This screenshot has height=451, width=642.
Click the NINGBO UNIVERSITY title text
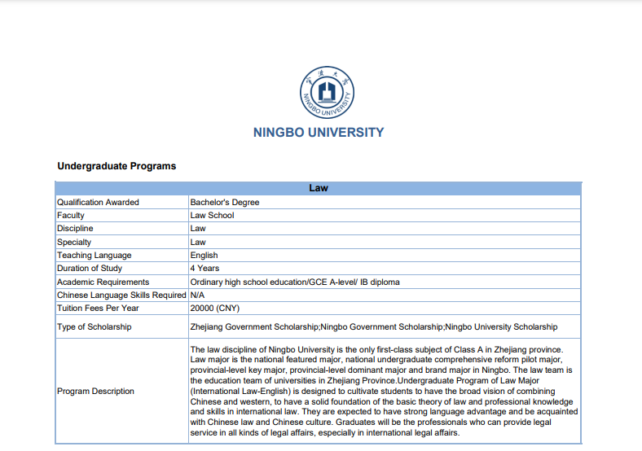(x=318, y=132)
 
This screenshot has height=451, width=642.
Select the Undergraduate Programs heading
(x=117, y=166)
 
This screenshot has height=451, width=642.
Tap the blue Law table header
(x=318, y=188)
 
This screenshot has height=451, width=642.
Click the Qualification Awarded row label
(x=98, y=202)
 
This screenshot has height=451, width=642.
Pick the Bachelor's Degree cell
(x=224, y=202)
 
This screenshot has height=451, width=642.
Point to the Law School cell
(x=212, y=216)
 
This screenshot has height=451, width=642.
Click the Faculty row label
(x=71, y=216)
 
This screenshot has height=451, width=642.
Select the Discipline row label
(x=75, y=229)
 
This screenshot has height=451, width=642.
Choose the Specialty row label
(x=74, y=242)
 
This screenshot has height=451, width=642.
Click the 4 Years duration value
(x=204, y=268)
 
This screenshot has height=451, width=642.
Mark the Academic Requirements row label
(x=103, y=282)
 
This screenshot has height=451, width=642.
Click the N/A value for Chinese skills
(x=198, y=295)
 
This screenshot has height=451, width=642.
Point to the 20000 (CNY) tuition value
(x=215, y=308)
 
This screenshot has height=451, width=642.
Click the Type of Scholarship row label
(x=94, y=326)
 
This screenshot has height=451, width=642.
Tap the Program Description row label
(x=95, y=391)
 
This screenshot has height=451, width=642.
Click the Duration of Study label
(x=90, y=268)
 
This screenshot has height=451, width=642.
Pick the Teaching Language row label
(x=94, y=255)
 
